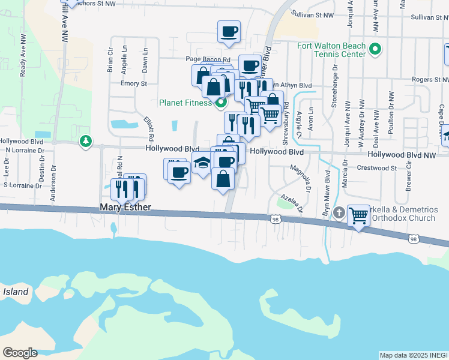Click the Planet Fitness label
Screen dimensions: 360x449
(185, 103)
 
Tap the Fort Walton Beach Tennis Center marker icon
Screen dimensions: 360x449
(376, 50)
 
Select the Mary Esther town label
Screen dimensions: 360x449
(125, 209)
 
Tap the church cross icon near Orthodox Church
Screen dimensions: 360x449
(339, 212)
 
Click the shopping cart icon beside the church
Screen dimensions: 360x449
(358, 215)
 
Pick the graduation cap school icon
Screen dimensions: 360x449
(202, 163)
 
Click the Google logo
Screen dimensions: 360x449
(20, 352)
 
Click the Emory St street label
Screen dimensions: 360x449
(133, 83)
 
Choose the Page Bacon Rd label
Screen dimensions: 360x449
(208, 59)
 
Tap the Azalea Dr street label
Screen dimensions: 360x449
(289, 202)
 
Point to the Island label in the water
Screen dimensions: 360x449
(15, 292)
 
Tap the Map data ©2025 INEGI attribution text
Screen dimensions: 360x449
(414, 355)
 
